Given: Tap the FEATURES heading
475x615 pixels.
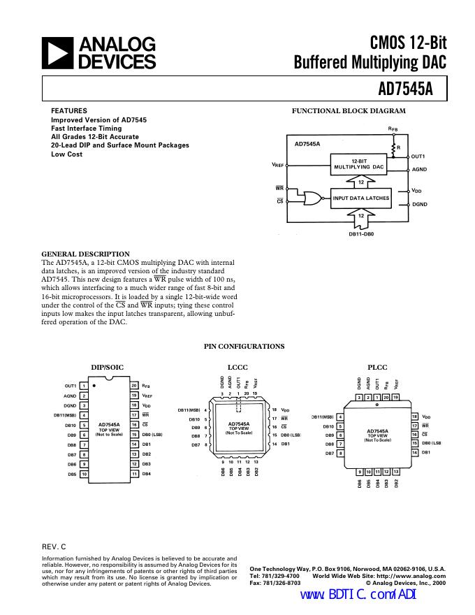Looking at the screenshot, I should click(69, 111).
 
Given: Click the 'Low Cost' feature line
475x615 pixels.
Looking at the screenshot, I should click(66, 154).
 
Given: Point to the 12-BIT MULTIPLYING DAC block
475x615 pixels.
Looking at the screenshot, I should click(358, 165).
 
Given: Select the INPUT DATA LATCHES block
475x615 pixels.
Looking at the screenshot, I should click(361, 198).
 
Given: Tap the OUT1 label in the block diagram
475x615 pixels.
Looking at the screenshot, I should click(419, 157).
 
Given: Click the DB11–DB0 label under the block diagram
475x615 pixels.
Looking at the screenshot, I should click(361, 233).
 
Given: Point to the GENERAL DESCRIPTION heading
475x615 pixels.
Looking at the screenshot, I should click(86, 254).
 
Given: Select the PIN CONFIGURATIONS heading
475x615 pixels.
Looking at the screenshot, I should click(244, 346).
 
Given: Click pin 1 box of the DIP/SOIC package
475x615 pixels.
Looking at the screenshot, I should click(83, 386).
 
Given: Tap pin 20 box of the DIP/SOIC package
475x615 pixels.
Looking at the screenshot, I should click(133, 386).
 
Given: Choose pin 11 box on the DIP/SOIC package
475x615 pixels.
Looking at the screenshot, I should click(133, 474).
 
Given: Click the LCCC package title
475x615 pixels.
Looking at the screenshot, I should click(237, 367).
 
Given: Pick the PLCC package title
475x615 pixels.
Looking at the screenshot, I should click(377, 367).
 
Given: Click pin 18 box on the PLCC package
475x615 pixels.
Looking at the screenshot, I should click(414, 417).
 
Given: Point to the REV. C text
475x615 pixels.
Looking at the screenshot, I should click(54, 546).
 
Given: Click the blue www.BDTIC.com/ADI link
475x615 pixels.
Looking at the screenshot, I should click(358, 595).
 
